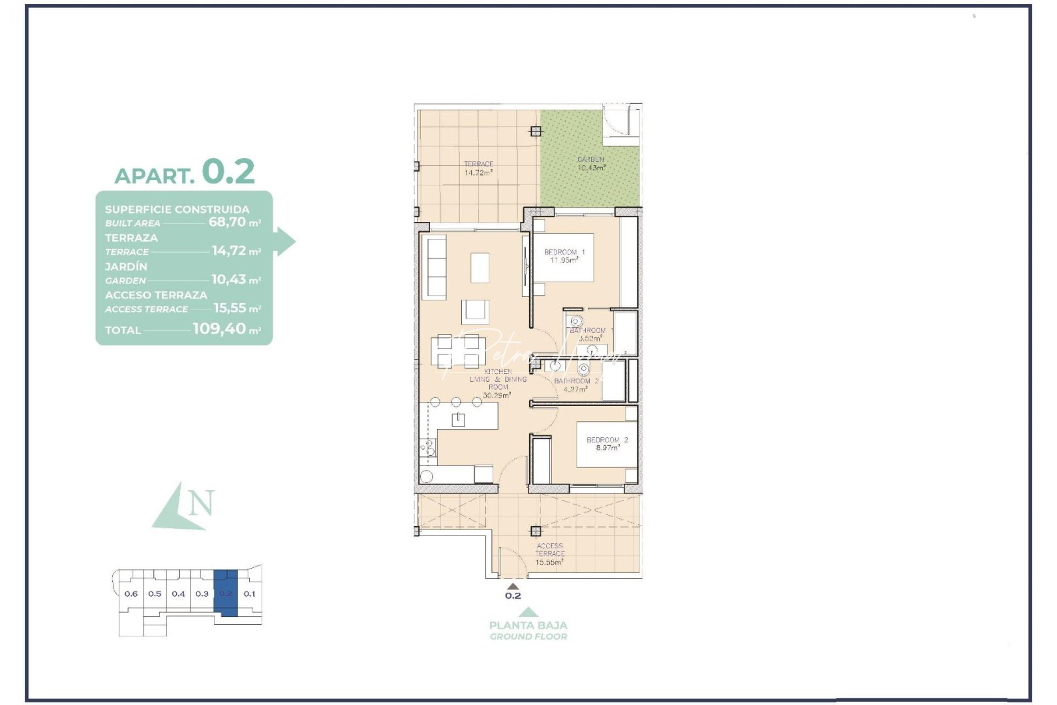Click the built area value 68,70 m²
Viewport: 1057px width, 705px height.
(x=234, y=222)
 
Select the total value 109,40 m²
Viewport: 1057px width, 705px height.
(x=226, y=329)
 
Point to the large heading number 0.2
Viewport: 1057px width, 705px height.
(x=228, y=172)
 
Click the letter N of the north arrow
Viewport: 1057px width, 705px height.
(x=201, y=503)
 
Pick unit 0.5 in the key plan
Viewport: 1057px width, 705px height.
(x=155, y=594)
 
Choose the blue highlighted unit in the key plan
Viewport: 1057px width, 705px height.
(x=226, y=593)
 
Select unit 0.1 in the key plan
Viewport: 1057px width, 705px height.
(x=249, y=594)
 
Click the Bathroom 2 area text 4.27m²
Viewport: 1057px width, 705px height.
(x=575, y=390)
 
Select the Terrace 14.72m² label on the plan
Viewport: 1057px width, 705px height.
(x=478, y=168)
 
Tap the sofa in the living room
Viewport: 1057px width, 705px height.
(x=435, y=268)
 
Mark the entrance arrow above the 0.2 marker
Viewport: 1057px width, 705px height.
(x=513, y=586)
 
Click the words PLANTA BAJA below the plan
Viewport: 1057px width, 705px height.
(x=528, y=625)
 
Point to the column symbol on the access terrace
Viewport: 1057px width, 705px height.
(x=536, y=531)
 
